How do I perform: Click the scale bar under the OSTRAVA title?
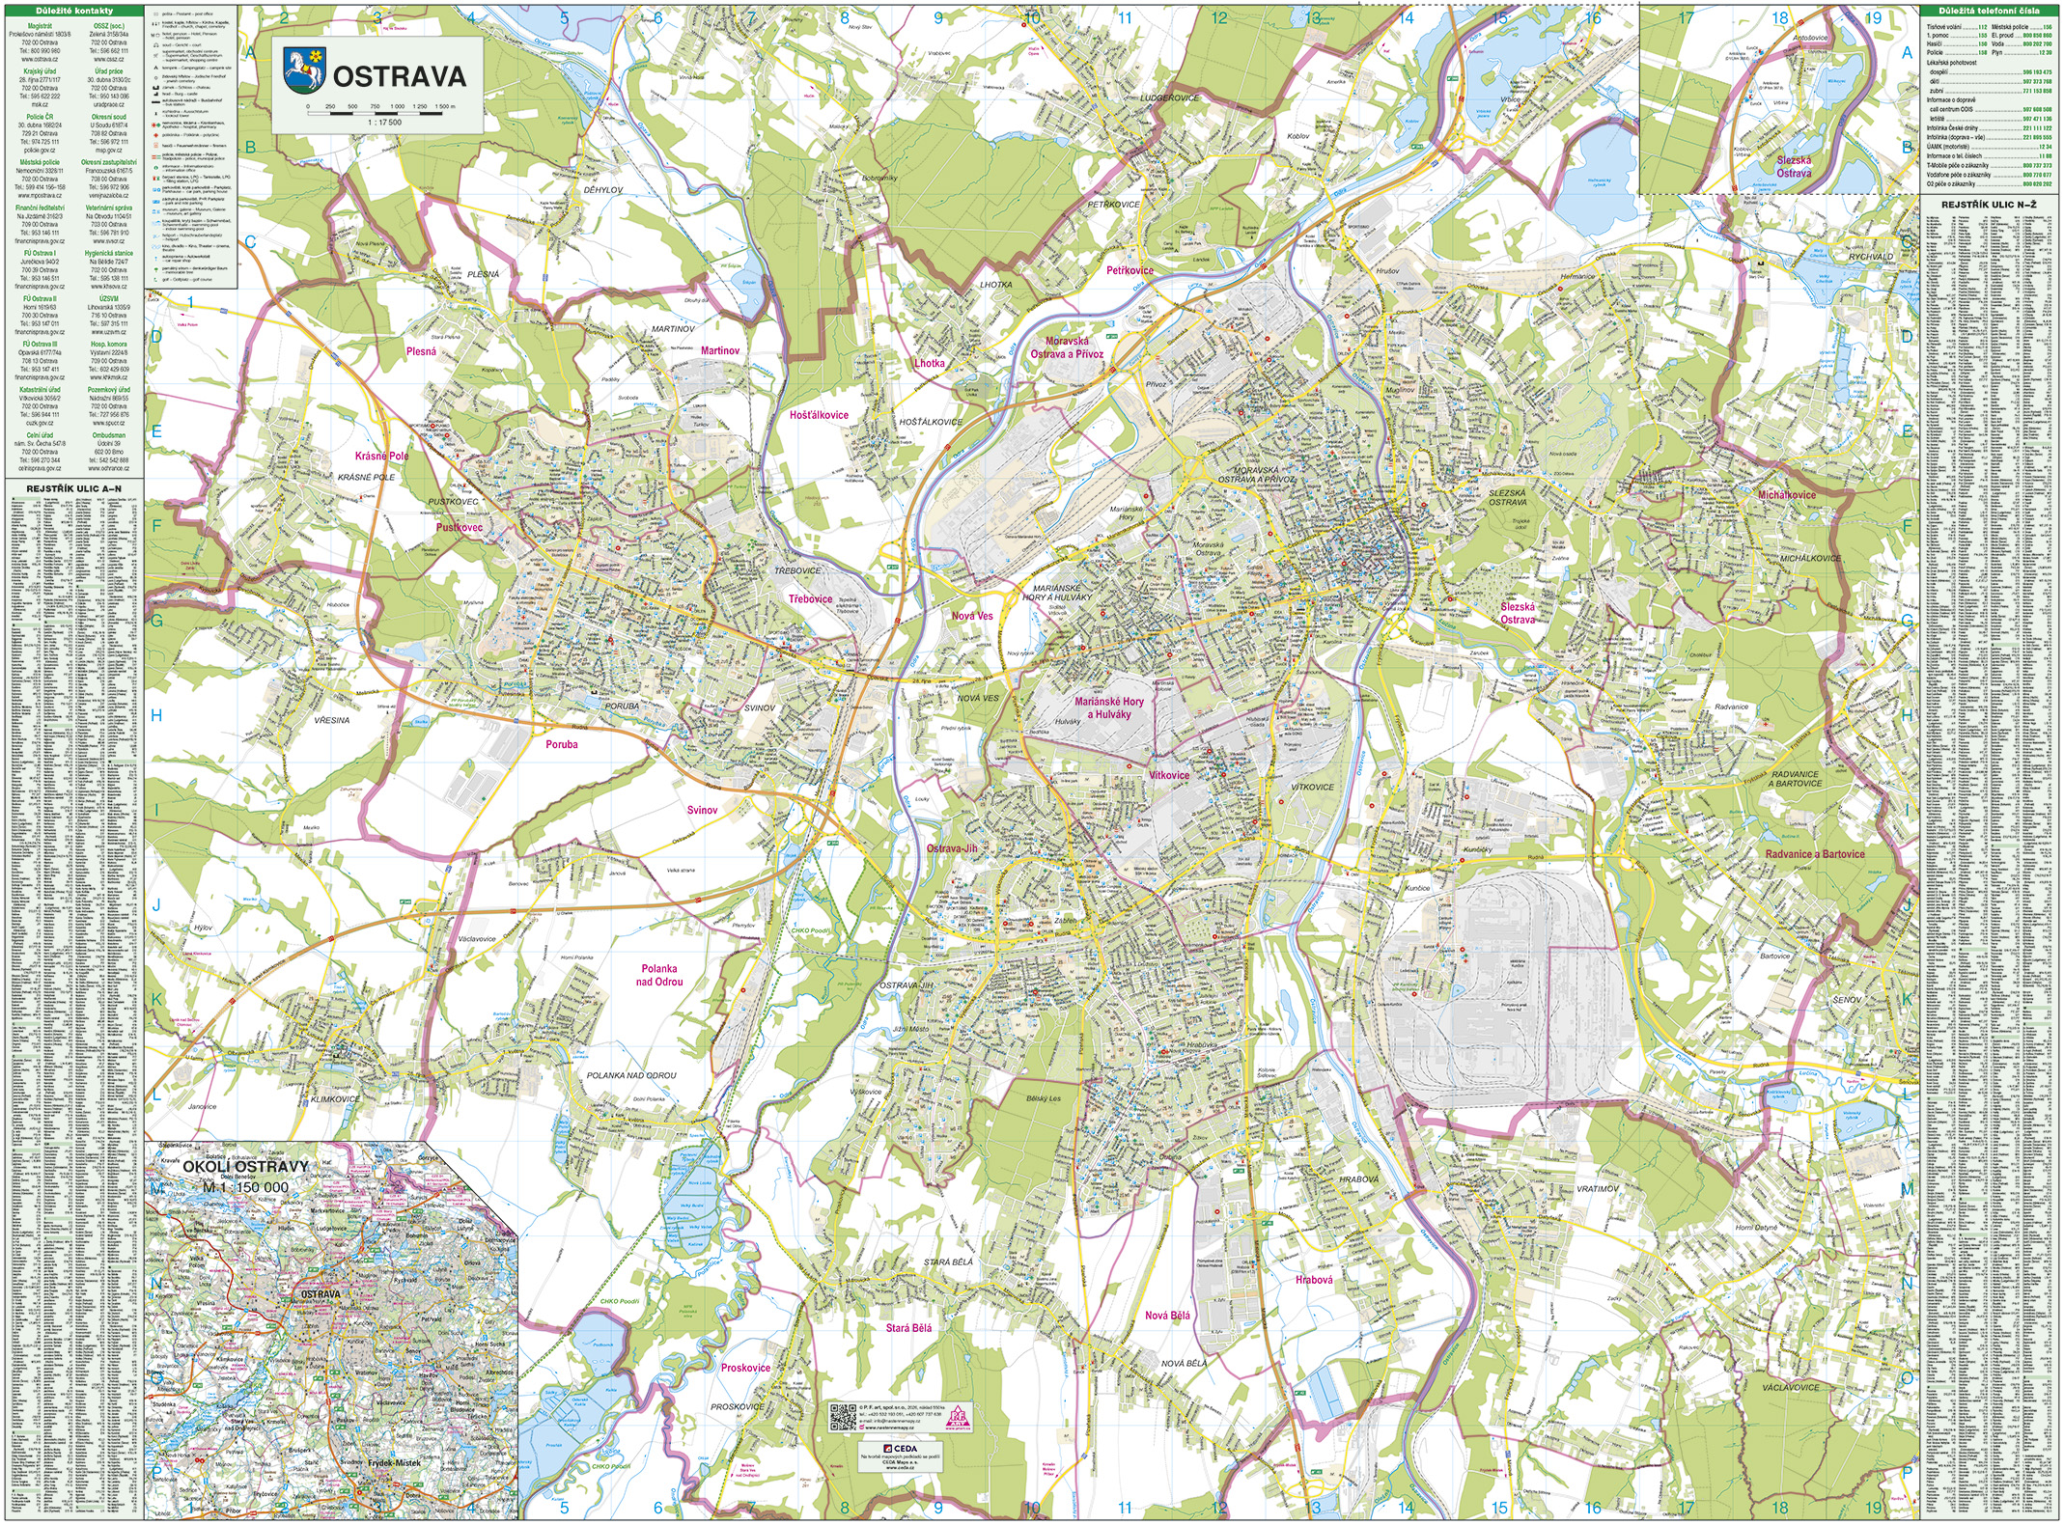point(381,113)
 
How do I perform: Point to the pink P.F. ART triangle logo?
point(960,1415)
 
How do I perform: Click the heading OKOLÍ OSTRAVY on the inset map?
point(246,1166)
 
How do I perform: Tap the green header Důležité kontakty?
point(73,11)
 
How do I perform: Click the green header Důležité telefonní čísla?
point(1990,11)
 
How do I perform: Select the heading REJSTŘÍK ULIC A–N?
point(73,489)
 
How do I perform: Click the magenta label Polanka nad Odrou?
point(658,975)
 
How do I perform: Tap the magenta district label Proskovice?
point(745,1368)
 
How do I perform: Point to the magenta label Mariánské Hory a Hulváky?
point(1108,707)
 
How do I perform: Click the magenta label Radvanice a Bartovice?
point(1815,854)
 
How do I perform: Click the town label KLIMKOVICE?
point(335,1099)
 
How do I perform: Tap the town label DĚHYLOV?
point(603,190)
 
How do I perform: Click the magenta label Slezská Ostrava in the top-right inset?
point(1794,167)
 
